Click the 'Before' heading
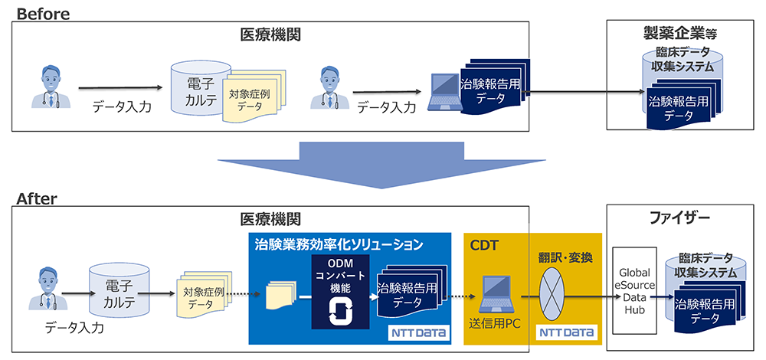click(43, 13)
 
